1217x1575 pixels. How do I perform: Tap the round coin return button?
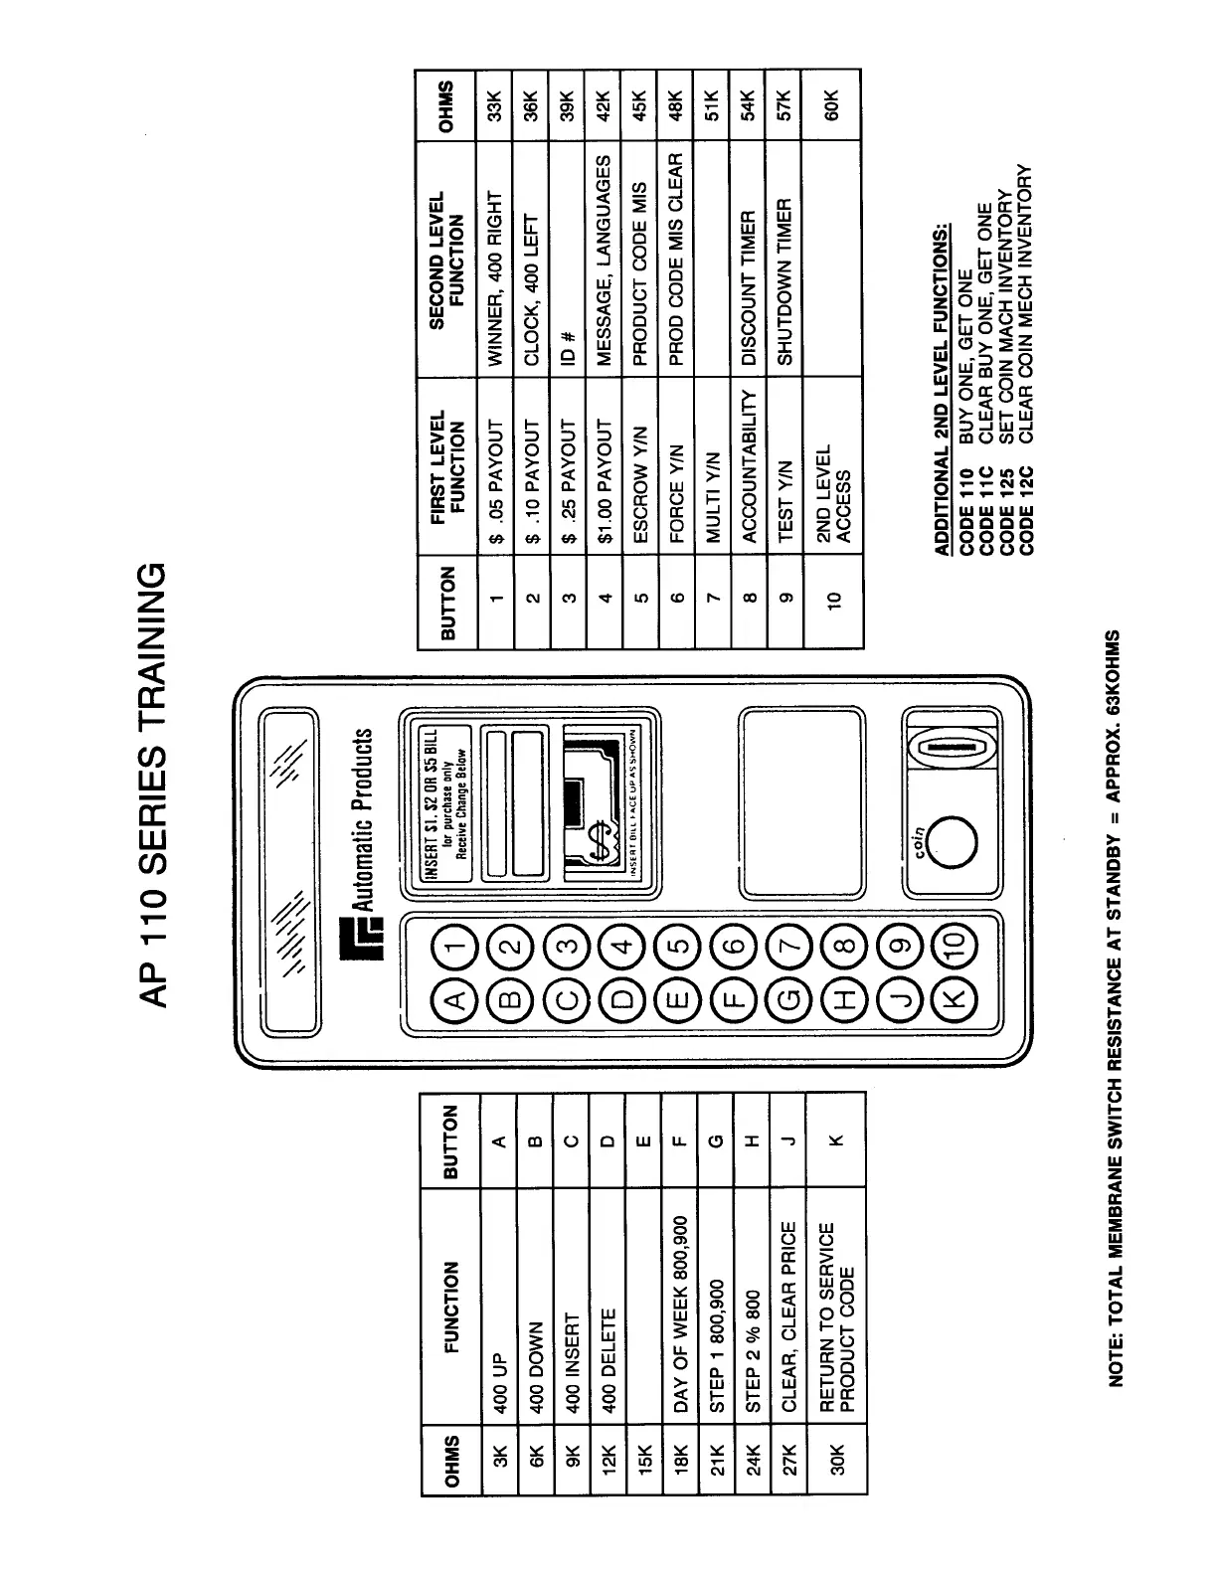(x=955, y=840)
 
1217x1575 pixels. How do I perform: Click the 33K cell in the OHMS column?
(x=497, y=104)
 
